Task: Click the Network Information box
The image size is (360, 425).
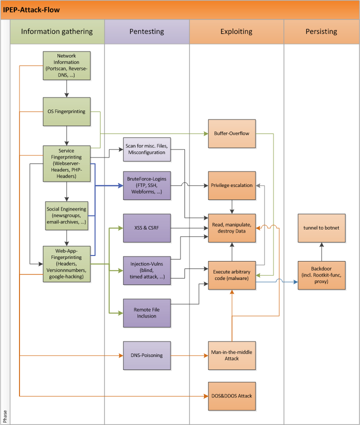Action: pos(66,65)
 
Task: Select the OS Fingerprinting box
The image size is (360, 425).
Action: pos(66,111)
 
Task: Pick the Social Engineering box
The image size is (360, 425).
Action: pos(66,216)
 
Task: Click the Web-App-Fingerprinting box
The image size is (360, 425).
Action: pos(66,263)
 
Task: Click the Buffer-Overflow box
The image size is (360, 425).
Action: pos(232,133)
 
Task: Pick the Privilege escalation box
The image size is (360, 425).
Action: pos(232,185)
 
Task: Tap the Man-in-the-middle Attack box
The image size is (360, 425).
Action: pos(232,355)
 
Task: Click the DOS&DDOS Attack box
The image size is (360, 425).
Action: pos(232,395)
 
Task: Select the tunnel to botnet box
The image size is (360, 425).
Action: pos(321,227)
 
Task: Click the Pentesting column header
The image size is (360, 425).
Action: pos(147,31)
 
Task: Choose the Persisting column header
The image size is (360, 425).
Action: pos(321,31)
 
